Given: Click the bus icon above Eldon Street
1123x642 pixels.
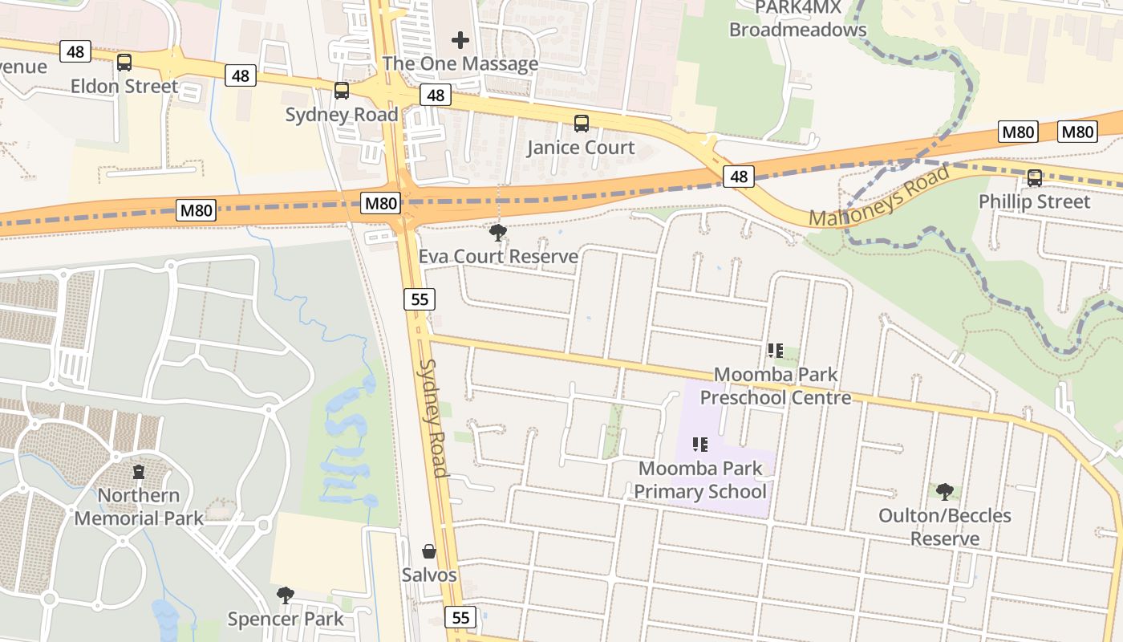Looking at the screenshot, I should [124, 62].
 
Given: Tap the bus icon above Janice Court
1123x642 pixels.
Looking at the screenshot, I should [582, 124].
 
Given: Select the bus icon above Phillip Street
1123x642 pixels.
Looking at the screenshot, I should [1035, 178].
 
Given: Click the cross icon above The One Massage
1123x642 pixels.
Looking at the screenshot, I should [460, 39].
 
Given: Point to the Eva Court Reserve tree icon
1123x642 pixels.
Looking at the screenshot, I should [497, 233].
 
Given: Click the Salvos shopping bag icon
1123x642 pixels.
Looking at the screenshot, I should [429, 551].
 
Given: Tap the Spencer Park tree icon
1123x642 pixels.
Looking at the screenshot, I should [285, 595].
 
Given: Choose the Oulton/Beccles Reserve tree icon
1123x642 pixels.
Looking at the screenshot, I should [945, 491].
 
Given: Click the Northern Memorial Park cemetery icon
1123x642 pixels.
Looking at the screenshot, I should [139, 471].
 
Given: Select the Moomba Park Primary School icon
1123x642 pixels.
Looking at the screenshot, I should [700, 444].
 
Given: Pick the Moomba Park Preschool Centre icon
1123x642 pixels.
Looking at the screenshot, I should [775, 350].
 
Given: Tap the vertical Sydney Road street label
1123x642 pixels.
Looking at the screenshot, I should [434, 417].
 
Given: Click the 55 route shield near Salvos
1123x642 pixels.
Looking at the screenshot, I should [460, 617].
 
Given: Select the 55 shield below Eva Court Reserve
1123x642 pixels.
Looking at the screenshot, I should [419, 299].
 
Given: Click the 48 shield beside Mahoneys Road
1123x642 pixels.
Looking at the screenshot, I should [739, 177].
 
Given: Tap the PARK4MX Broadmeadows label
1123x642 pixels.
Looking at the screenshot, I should [797, 18].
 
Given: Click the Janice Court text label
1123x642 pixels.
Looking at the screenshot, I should [581, 148].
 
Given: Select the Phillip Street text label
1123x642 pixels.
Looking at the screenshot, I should [1034, 201].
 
